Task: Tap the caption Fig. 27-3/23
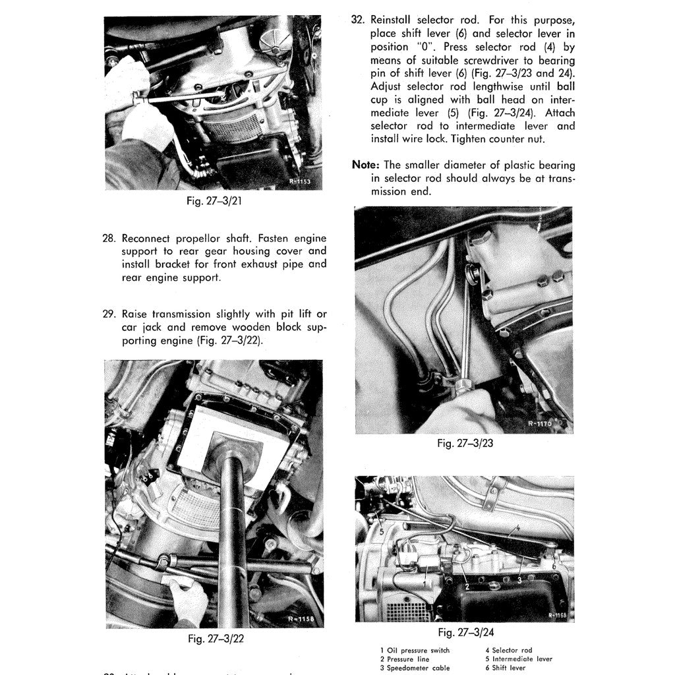(465, 444)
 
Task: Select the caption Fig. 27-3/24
(465, 633)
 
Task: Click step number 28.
(110, 238)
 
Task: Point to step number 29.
(110, 314)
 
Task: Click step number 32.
(359, 20)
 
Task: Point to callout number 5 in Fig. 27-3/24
(382, 531)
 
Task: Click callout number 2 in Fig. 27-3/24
(466, 586)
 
